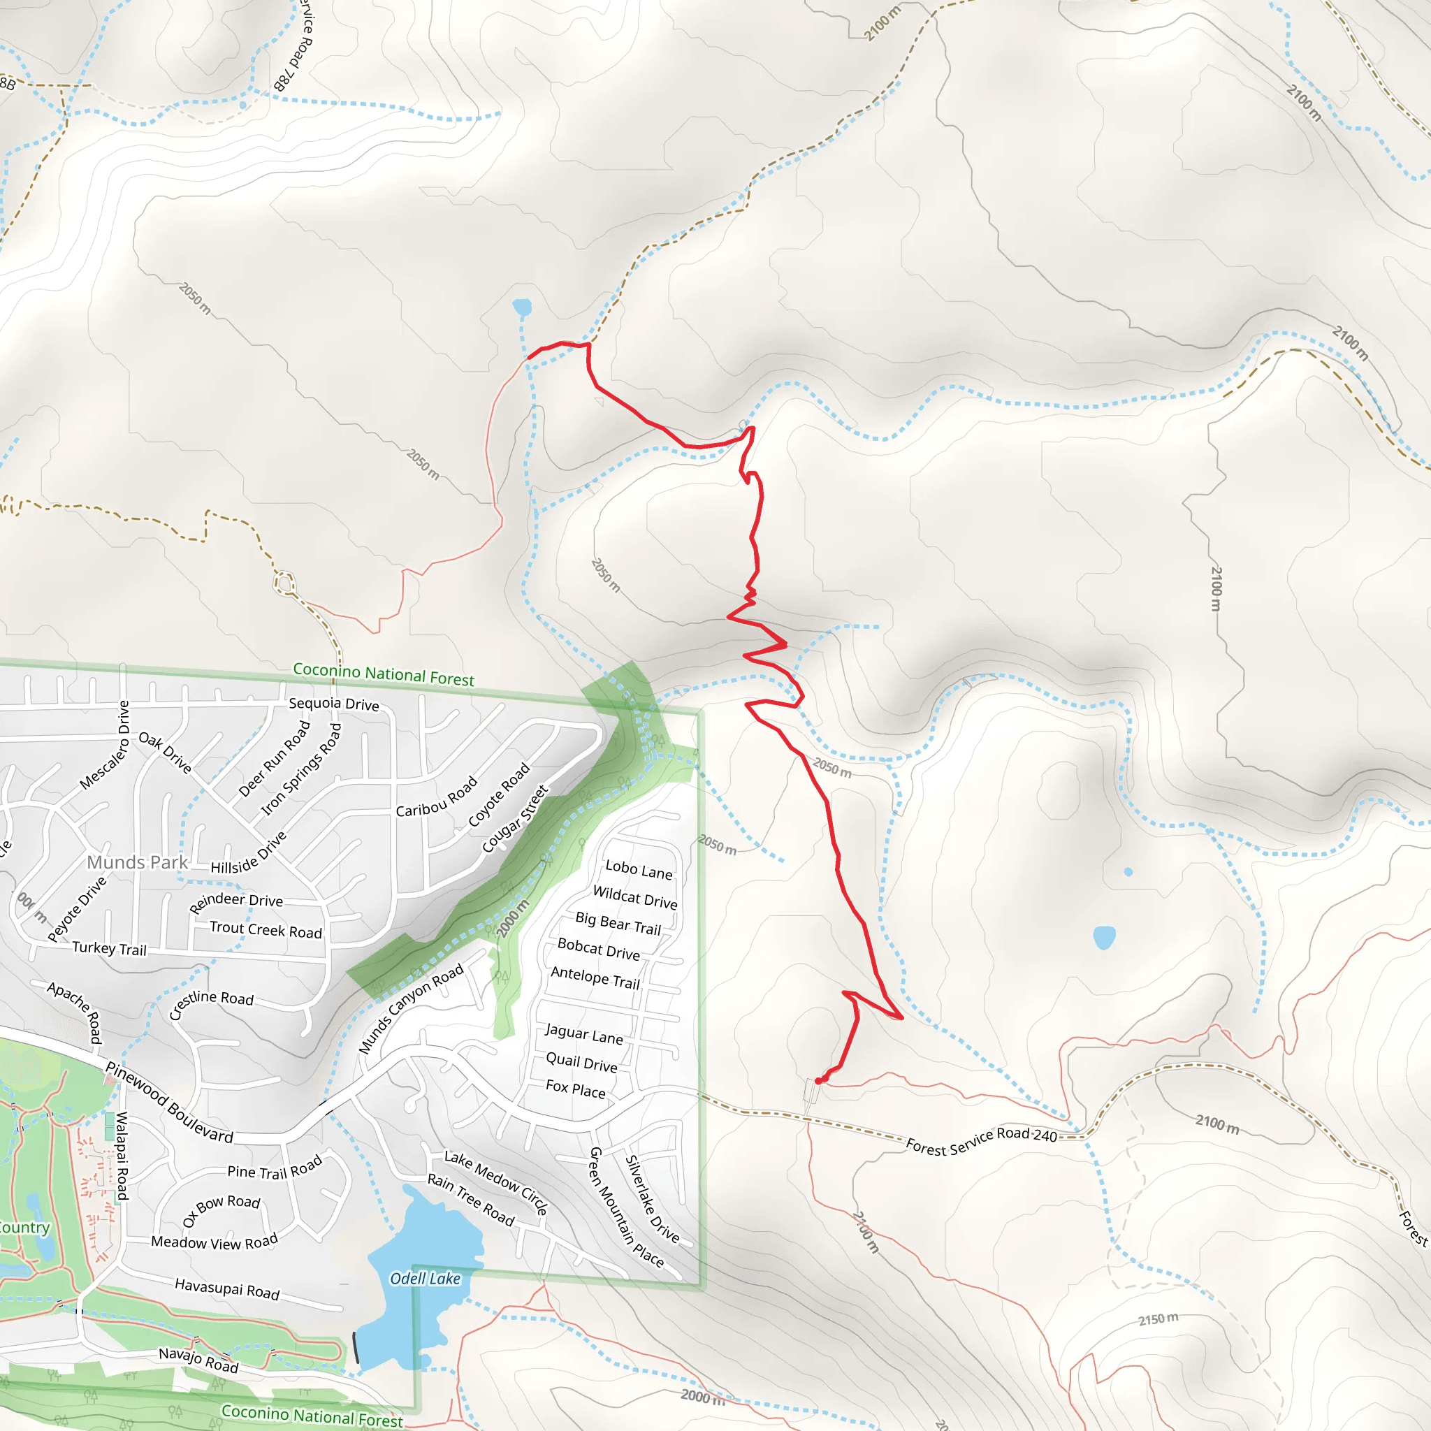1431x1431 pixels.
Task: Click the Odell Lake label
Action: click(x=425, y=1279)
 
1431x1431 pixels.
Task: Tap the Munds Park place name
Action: click(x=138, y=862)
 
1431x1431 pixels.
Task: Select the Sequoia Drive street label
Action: click(x=333, y=704)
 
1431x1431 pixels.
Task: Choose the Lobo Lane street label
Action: click(x=639, y=869)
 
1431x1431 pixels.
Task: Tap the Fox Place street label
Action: click(x=576, y=1089)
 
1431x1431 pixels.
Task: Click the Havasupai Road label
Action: click(x=226, y=1288)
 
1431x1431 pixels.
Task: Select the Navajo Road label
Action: click(x=198, y=1360)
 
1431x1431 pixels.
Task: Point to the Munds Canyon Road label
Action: click(x=411, y=1008)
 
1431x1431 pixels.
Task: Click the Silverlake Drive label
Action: click(x=652, y=1198)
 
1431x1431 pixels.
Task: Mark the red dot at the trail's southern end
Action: click(x=818, y=1082)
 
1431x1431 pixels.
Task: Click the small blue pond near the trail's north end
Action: click(x=521, y=307)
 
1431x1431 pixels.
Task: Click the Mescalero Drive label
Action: click(x=104, y=744)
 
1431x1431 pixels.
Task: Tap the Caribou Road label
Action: click(x=436, y=798)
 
